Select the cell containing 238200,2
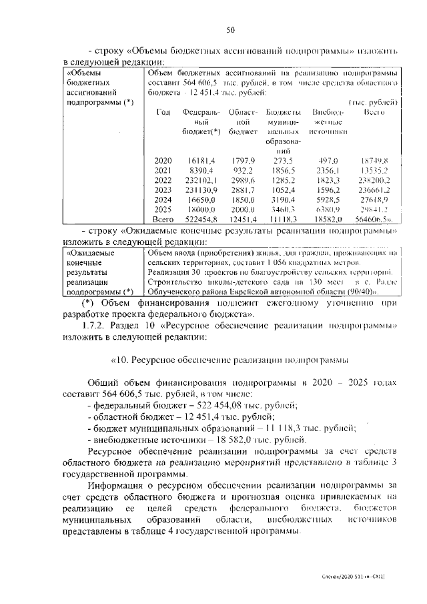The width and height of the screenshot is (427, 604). (374, 180)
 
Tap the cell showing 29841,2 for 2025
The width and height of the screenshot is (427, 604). (374, 208)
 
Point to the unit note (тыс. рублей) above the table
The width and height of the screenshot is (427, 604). (374, 102)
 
